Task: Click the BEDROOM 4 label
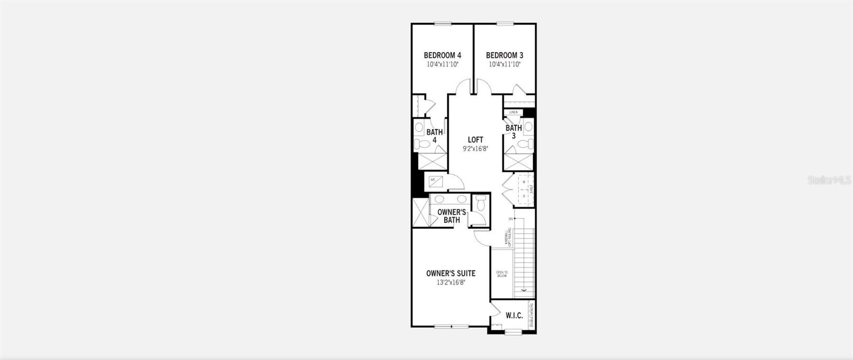442,55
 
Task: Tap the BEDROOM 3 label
504,55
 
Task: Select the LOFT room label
476,140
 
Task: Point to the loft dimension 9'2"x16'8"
476,149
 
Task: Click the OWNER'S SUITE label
450,274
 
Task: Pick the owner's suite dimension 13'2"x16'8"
450,283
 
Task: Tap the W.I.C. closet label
514,316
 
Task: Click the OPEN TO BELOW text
502,274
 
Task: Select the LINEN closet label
513,113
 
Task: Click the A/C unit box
434,180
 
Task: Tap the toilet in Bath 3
528,143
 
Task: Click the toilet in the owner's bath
481,203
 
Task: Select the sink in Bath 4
419,129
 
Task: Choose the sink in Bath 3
528,127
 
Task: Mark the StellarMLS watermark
830,180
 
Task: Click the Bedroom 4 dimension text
442,64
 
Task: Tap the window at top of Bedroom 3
504,23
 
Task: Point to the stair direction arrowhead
524,290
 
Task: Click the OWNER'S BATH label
452,216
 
